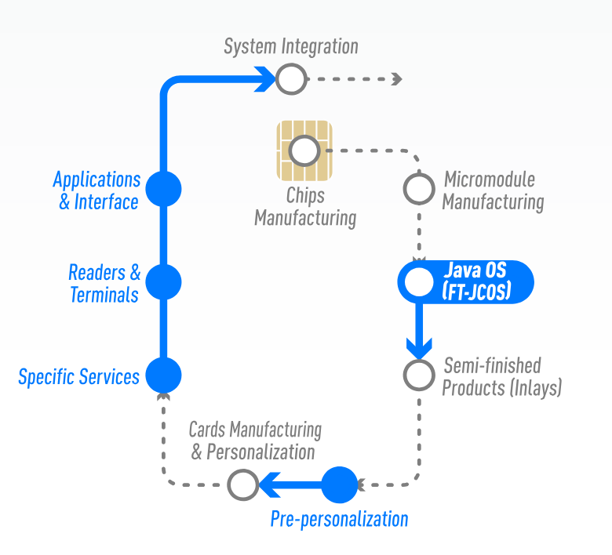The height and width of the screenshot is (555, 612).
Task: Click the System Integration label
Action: click(290, 47)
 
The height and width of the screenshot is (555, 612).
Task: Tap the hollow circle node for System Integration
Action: click(290, 78)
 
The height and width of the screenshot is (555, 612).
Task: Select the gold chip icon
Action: click(304, 150)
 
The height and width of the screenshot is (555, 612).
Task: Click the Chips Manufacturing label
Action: click(304, 207)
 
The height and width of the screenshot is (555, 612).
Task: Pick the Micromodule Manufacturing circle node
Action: click(419, 188)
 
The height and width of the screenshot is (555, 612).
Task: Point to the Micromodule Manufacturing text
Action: click(492, 190)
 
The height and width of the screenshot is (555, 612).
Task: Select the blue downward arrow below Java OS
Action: click(418, 332)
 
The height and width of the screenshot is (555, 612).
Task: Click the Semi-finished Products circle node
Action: click(419, 375)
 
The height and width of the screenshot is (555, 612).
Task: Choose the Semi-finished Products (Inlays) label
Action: click(501, 376)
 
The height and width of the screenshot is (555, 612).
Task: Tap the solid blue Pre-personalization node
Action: click(340, 484)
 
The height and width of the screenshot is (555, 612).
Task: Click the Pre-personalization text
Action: click(339, 519)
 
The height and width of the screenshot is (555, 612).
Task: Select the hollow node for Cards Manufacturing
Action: click(242, 484)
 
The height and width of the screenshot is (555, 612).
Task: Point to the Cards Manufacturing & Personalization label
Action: click(254, 441)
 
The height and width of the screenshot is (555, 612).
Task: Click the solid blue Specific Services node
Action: click(164, 375)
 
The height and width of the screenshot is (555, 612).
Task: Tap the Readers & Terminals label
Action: click(104, 284)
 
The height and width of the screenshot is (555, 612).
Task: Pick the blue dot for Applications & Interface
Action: click(164, 189)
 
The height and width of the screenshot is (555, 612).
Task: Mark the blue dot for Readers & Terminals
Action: click(164, 281)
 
